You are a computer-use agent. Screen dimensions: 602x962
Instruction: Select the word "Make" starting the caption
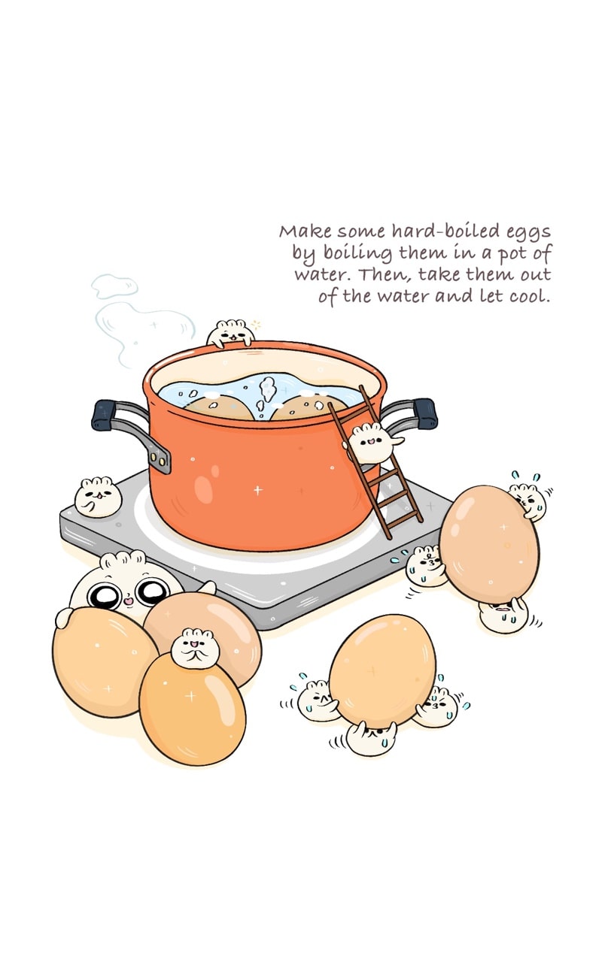pos(306,231)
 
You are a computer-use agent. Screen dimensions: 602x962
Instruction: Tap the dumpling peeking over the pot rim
pos(230,332)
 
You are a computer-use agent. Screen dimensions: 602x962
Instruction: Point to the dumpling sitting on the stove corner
pos(98,497)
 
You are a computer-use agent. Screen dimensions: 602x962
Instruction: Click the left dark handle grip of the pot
pos(103,415)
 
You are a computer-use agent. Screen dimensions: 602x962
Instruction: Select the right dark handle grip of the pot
pos(424,413)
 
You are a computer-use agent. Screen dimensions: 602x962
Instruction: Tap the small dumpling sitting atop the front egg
pos(196,648)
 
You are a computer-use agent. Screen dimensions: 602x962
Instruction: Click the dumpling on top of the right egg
pos(528,501)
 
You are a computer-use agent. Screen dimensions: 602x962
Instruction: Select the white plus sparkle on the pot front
pos(257,490)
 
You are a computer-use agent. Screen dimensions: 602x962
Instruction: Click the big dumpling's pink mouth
pos(129,600)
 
